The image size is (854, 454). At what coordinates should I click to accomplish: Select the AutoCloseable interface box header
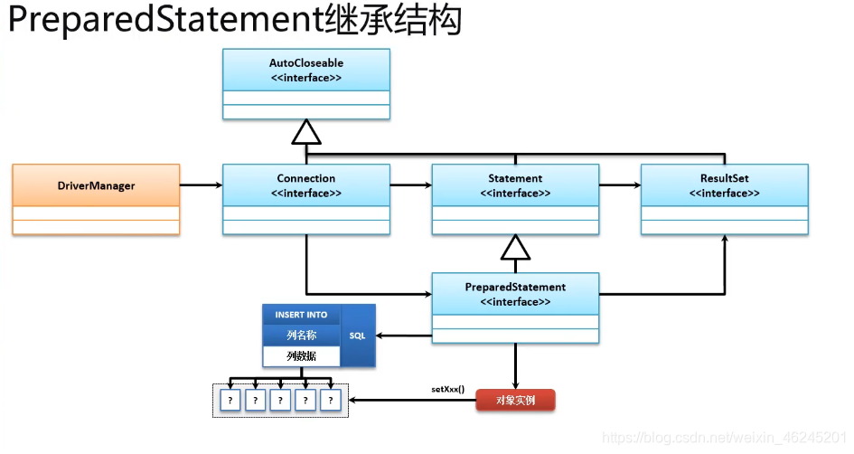(x=306, y=70)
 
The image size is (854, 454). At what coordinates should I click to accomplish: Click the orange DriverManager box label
(x=96, y=185)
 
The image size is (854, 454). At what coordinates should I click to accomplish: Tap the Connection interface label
(x=306, y=184)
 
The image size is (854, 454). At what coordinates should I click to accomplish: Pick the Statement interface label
(x=515, y=184)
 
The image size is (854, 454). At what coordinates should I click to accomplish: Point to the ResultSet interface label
(x=724, y=184)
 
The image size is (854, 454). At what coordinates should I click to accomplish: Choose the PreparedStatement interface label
(x=515, y=294)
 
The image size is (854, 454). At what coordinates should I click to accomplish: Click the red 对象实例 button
(x=515, y=400)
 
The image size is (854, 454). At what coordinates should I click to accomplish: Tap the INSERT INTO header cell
(x=301, y=315)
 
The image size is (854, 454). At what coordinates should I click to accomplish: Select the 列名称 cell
(x=301, y=336)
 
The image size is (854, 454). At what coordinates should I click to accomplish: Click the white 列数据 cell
(x=301, y=356)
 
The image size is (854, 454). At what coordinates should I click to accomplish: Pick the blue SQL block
(x=358, y=336)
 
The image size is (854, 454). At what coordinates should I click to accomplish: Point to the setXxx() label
(x=448, y=390)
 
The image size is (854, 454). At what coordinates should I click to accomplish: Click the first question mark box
(x=230, y=400)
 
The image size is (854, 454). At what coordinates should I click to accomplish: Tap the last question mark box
(x=332, y=400)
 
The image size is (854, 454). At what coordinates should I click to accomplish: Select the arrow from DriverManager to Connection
(x=201, y=185)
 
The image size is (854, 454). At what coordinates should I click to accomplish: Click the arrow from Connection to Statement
(x=410, y=185)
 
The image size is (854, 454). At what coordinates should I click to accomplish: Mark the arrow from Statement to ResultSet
(x=619, y=185)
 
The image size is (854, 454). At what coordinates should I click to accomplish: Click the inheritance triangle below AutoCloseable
(x=306, y=134)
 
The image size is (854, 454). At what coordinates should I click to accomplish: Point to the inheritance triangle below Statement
(x=515, y=246)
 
